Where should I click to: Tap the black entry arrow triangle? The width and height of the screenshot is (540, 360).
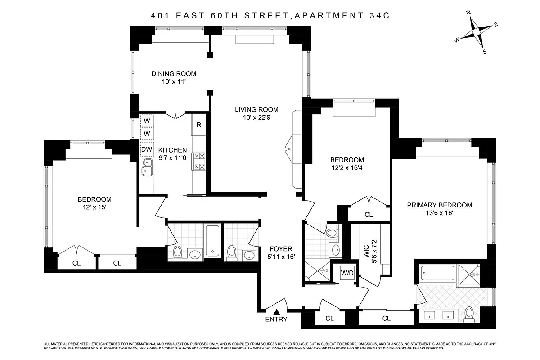click(277, 311)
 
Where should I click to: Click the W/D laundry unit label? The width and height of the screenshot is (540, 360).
click(346, 273)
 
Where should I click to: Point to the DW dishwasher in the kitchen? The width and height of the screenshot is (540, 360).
click(147, 149)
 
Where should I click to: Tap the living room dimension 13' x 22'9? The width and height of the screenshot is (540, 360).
click(256, 118)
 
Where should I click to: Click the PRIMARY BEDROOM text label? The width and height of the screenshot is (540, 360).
click(439, 205)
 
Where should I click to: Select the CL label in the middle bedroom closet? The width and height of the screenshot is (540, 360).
click(369, 215)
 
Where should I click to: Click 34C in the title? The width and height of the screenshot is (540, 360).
click(378, 16)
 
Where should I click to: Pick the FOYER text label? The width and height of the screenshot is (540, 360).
click(281, 248)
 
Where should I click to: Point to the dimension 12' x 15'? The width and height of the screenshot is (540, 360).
click(94, 208)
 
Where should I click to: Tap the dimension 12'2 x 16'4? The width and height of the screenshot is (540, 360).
click(347, 168)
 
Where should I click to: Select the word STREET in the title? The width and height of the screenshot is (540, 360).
click(264, 16)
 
